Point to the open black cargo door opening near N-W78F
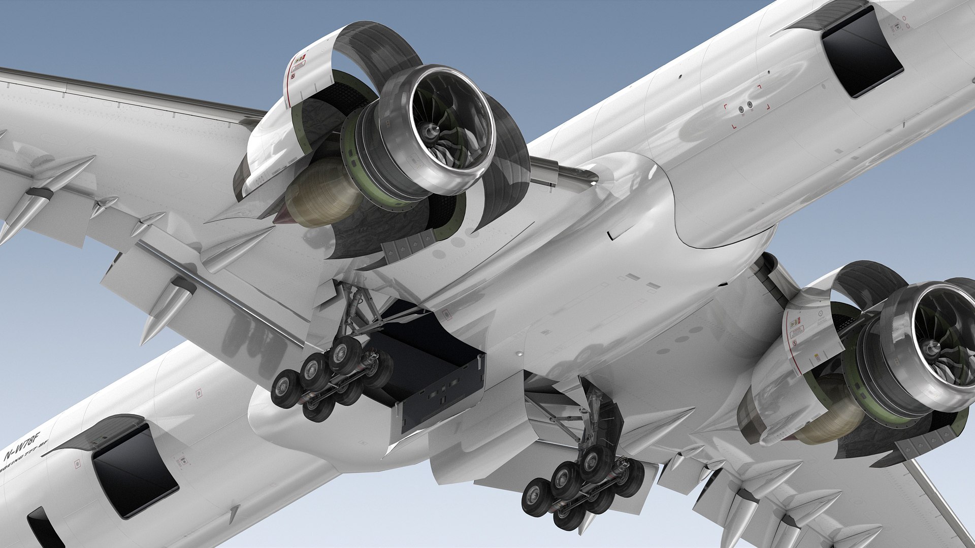pyautogui.click(x=135, y=471)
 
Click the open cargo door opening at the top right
pyautogui.click(x=862, y=53)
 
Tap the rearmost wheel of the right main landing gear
pyautogui.click(x=535, y=495)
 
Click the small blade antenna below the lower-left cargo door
pyautogui.click(x=234, y=512)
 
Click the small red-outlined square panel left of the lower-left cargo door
pyautogui.click(x=77, y=463)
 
